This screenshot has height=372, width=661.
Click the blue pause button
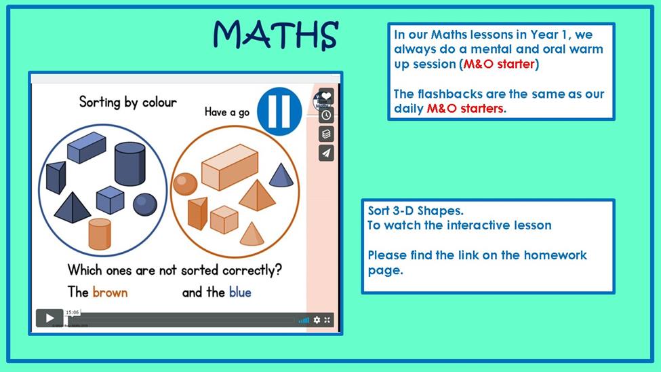(x=279, y=111)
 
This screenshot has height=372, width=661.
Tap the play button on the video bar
(x=49, y=318)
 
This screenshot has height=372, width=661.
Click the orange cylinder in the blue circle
(x=100, y=234)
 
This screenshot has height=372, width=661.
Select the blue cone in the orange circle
(x=281, y=175)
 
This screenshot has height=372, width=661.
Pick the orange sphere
(x=185, y=184)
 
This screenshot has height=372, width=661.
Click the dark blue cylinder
(x=130, y=164)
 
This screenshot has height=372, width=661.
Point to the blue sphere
(x=145, y=204)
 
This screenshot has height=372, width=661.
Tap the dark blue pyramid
(x=73, y=207)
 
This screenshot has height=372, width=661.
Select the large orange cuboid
(x=230, y=167)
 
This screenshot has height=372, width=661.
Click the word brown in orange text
(x=110, y=292)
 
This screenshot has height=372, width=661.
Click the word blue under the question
(x=240, y=292)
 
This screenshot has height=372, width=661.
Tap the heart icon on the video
(x=326, y=96)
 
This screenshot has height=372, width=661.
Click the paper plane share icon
(x=326, y=153)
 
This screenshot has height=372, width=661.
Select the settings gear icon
(x=317, y=320)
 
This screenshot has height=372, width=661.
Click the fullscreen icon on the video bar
(x=327, y=320)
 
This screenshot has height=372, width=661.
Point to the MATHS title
(x=276, y=35)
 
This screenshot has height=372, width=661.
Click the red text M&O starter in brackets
(x=499, y=64)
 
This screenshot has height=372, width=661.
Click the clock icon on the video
(x=326, y=115)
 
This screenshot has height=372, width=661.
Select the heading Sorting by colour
(x=127, y=103)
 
